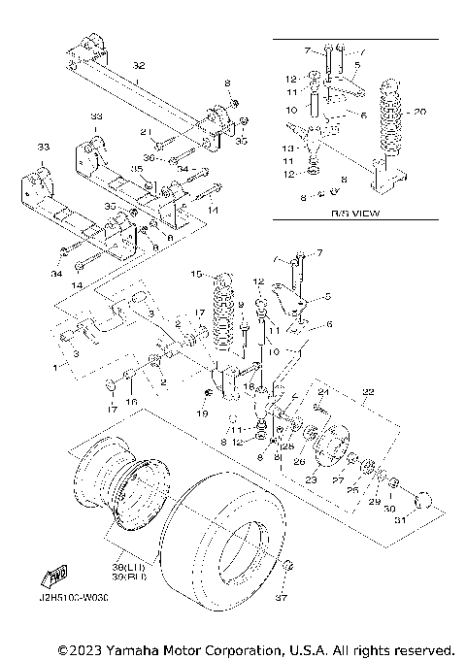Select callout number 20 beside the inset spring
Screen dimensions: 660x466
click(419, 111)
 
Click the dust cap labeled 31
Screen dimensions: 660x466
click(423, 501)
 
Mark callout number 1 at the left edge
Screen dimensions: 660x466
click(53, 369)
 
